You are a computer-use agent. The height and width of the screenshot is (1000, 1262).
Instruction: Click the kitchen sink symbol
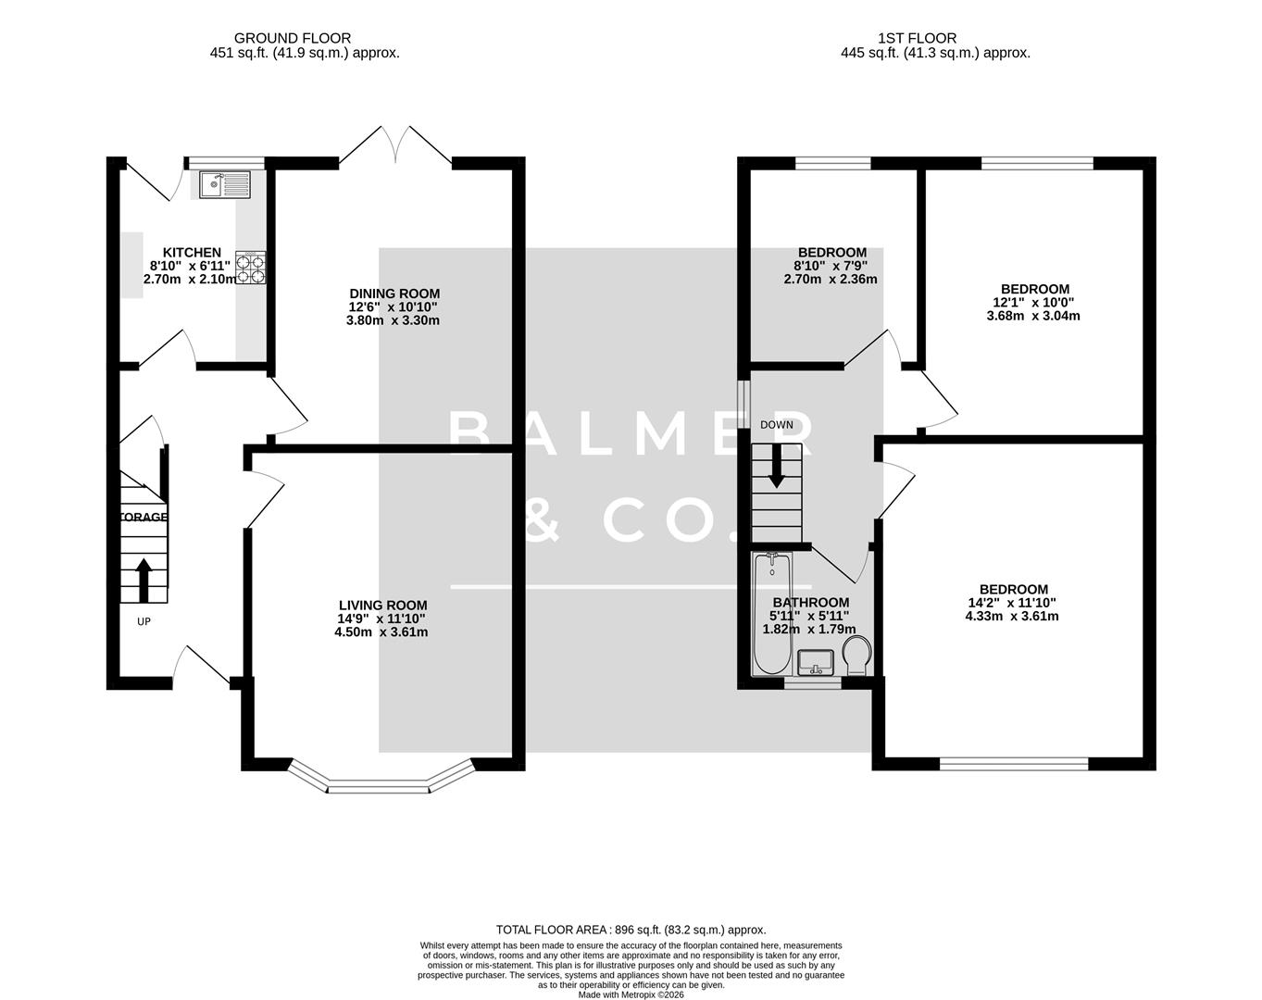click(225, 185)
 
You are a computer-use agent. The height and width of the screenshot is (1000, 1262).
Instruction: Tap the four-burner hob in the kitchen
click(250, 267)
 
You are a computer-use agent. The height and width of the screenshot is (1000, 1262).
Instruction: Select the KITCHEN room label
click(192, 253)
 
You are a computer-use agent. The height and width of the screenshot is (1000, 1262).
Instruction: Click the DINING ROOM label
click(394, 294)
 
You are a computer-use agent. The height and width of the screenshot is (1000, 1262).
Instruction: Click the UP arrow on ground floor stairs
click(144, 580)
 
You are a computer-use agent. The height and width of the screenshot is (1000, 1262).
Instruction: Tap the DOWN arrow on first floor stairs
click(776, 466)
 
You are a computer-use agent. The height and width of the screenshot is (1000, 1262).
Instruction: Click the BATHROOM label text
click(811, 602)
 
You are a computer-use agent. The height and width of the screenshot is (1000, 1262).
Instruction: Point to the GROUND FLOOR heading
click(292, 38)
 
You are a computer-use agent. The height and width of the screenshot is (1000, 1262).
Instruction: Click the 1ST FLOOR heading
click(917, 38)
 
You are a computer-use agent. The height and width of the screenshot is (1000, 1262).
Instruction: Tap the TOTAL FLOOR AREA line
click(631, 930)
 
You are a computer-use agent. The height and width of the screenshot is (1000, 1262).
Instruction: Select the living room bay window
click(379, 782)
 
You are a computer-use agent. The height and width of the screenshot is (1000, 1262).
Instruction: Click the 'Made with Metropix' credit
click(631, 994)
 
